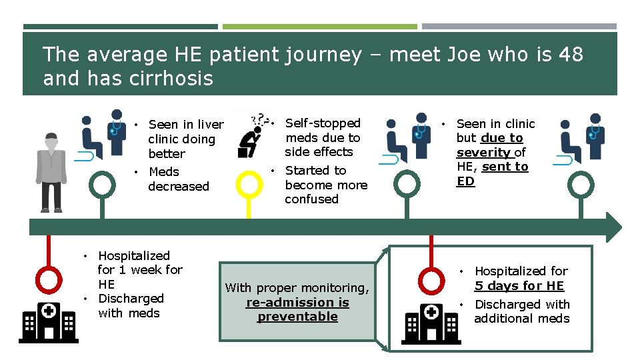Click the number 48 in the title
click(x=571, y=54)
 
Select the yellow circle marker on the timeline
click(x=249, y=185)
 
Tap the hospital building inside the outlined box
click(x=431, y=324)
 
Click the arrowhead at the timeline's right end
click(x=613, y=227)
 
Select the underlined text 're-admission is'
click(x=297, y=303)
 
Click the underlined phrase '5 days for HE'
click(x=519, y=286)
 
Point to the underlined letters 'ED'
click(x=465, y=181)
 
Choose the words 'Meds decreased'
click(x=177, y=179)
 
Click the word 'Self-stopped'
click(x=323, y=123)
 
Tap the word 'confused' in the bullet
click(x=311, y=199)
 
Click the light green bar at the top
click(x=319, y=27)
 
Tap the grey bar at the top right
click(x=519, y=27)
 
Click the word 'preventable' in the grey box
click(x=297, y=317)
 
